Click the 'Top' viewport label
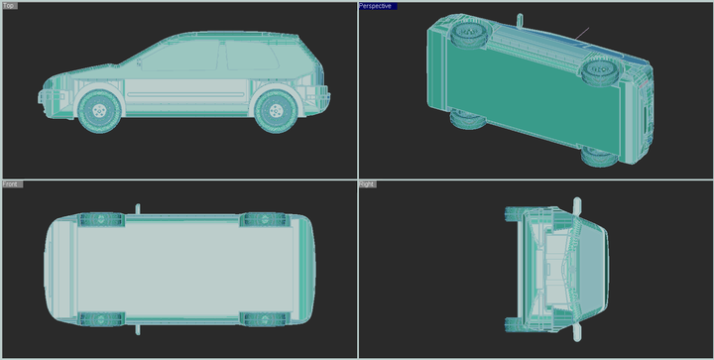[x=9, y=6]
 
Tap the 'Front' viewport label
[x=12, y=183]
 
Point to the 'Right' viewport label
[x=367, y=183]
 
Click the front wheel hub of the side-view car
[x=99, y=111]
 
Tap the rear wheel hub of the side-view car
[x=276, y=111]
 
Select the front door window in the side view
[x=180, y=56]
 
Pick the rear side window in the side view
[x=251, y=56]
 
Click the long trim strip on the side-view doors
[x=185, y=94]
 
